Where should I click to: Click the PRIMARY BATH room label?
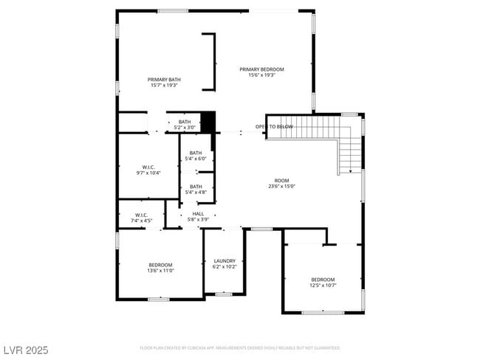pos(164,80)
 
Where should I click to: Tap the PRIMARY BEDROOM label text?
pos(261,69)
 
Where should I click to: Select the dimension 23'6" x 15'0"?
pos(282,187)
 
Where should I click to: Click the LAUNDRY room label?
pos(224,260)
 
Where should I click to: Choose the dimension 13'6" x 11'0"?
pos(161,271)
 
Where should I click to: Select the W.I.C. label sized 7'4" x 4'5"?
pos(142,215)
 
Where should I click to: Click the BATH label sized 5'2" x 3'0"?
pos(185,122)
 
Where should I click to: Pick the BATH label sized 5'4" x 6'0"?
pos(196,153)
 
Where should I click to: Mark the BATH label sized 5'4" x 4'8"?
pos(196,187)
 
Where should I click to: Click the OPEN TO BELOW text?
pos(274,127)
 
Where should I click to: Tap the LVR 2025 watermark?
pos(26,349)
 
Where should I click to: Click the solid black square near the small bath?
pos(208,122)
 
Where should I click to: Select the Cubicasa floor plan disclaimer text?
pos(239,347)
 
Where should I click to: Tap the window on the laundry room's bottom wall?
pos(224,294)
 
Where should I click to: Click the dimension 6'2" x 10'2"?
pos(224,267)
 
